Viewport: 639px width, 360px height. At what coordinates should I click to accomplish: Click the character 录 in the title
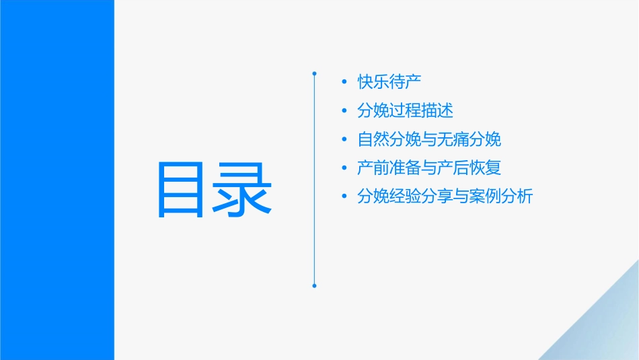pos(243,190)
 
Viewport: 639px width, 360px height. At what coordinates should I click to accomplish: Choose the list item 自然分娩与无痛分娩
pos(429,139)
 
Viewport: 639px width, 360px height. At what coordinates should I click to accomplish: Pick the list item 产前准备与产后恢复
pos(429,168)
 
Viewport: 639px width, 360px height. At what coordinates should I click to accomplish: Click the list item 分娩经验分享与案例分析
pos(445,196)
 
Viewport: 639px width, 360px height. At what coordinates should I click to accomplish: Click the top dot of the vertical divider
pos(314,73)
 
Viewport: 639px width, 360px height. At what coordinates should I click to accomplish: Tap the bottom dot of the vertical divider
pos(314,286)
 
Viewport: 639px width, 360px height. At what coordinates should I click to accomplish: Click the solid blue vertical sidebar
pos(57,180)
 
